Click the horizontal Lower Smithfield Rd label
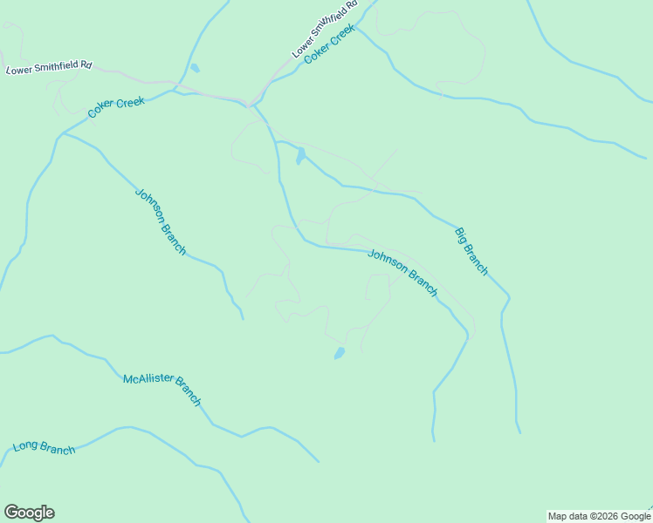pos(49,67)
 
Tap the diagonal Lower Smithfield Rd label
pos(326,30)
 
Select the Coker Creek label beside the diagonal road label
pos(330,48)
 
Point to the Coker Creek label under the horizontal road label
pos(116,108)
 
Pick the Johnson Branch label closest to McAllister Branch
pos(161,221)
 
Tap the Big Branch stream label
pos(471,251)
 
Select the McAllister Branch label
pos(162,390)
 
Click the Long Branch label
pos(45,448)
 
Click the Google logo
pos(29,513)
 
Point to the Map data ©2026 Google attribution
pos(599,516)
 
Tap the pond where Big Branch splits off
pos(300,156)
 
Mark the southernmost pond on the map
pos(339,353)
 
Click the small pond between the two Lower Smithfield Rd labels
pos(195,68)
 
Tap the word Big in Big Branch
pos(461,236)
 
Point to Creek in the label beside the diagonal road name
pos(343,38)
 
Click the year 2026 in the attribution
pos(606,516)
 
